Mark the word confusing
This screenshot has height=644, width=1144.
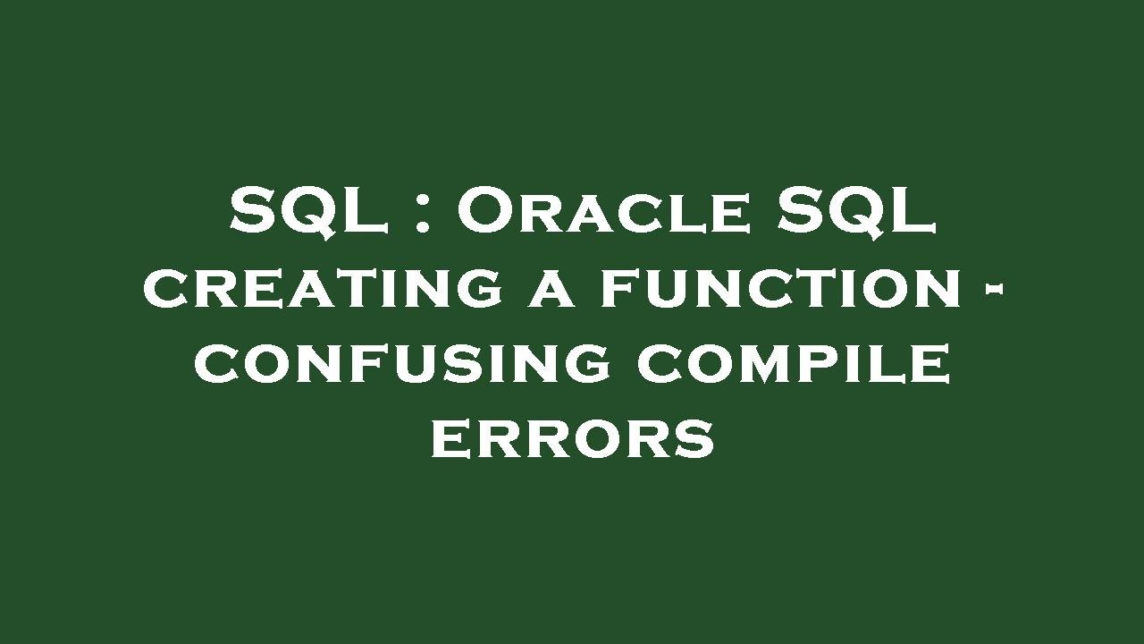tap(402, 364)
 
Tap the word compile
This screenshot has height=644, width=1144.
tap(793, 364)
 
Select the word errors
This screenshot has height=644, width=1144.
tap(573, 439)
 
